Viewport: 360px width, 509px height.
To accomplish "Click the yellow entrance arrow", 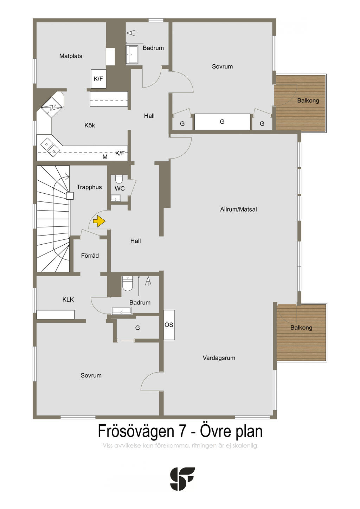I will click(99, 221).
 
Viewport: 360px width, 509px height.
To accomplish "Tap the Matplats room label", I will click(71, 56).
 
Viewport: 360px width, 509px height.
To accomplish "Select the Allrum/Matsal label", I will click(238, 210).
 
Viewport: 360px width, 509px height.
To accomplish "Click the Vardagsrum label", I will click(219, 358).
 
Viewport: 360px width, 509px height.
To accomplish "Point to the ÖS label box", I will click(169, 325).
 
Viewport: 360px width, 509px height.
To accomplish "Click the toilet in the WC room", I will click(119, 180).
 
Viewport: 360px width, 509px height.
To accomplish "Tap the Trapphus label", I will click(89, 187).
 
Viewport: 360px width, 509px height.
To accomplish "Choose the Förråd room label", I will click(90, 256).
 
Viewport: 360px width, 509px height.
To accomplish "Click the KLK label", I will click(68, 299).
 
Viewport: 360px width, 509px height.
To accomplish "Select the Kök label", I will click(90, 125).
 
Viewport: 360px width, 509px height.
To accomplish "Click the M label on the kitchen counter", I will click(105, 157).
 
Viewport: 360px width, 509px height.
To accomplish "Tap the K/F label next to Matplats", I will click(98, 79).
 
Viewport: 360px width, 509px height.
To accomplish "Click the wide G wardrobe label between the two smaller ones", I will click(222, 122).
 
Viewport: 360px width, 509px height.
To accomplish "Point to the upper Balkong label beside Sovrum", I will click(308, 101).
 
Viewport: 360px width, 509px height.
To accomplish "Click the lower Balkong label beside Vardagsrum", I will click(301, 328).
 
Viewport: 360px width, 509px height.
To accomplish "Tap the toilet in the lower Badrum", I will click(127, 284).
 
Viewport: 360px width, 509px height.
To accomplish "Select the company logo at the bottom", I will click(182, 479).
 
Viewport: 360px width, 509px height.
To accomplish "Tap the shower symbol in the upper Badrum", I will click(131, 33).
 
